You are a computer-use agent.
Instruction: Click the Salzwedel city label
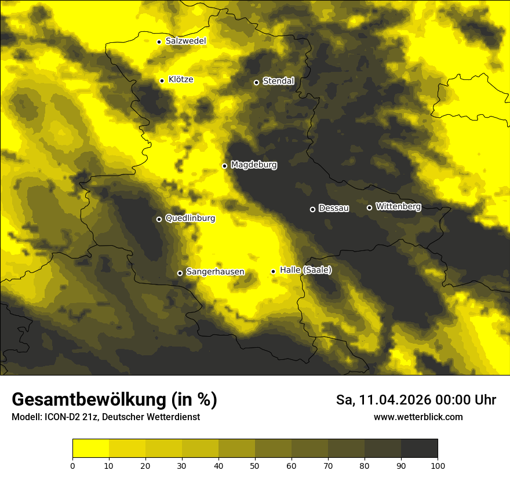click(185, 41)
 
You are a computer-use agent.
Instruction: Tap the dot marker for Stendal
click(256, 82)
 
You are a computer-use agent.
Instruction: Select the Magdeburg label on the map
click(254, 165)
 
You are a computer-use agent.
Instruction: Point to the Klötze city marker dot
click(162, 81)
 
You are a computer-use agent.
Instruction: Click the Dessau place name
click(334, 209)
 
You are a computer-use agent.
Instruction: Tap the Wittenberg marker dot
click(369, 207)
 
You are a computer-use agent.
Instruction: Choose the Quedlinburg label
click(190, 218)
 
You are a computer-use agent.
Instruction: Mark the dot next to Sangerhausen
click(180, 273)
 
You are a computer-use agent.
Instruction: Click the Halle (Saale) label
click(305, 270)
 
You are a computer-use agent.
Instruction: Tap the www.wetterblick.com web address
click(418, 417)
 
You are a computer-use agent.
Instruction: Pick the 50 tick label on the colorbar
click(255, 465)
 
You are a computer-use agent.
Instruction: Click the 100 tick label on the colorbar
click(438, 465)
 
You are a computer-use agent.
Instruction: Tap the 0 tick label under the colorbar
click(72, 465)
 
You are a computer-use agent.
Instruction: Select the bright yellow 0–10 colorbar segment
click(90, 449)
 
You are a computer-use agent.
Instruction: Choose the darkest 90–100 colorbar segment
click(419, 449)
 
